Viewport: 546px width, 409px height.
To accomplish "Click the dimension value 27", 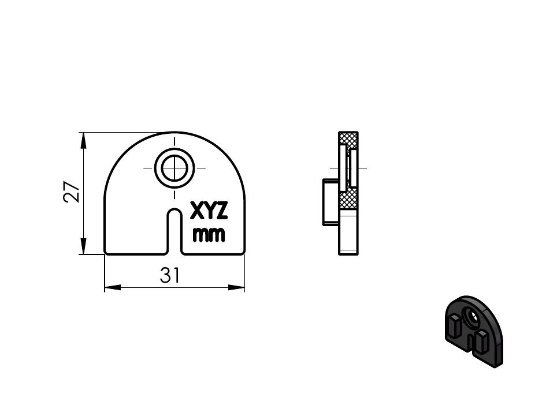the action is (x=72, y=192).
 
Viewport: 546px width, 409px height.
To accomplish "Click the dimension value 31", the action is (x=170, y=275).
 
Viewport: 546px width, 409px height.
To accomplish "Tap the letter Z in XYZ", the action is (x=221, y=211).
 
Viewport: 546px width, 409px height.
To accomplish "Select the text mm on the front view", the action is (x=209, y=235).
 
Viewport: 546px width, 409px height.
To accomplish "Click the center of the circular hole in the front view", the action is (x=174, y=168).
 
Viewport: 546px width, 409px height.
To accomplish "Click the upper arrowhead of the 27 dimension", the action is (x=83, y=141).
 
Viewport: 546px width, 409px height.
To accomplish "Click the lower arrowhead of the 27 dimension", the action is (x=83, y=246).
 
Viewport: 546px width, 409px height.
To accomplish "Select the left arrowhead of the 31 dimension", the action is (x=113, y=288).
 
